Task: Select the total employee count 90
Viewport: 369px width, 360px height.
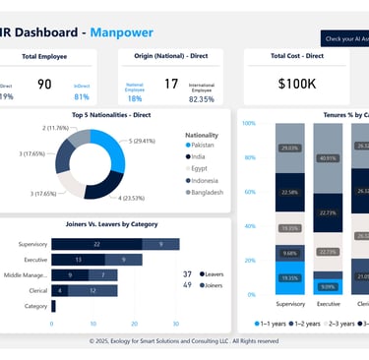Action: click(x=44, y=85)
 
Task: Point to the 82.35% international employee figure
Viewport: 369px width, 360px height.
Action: click(x=202, y=98)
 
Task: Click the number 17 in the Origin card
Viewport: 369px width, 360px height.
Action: click(x=171, y=85)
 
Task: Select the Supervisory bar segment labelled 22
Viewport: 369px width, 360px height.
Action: click(x=95, y=243)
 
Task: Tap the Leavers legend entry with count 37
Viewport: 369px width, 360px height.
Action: click(x=210, y=273)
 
